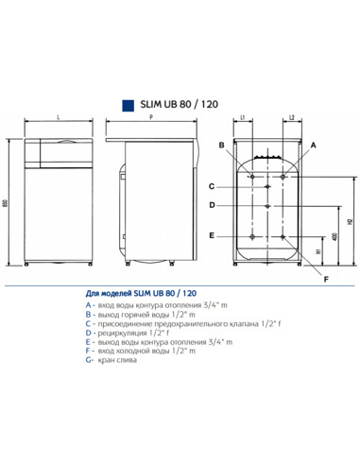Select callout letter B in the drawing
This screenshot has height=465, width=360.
click(220, 145)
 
